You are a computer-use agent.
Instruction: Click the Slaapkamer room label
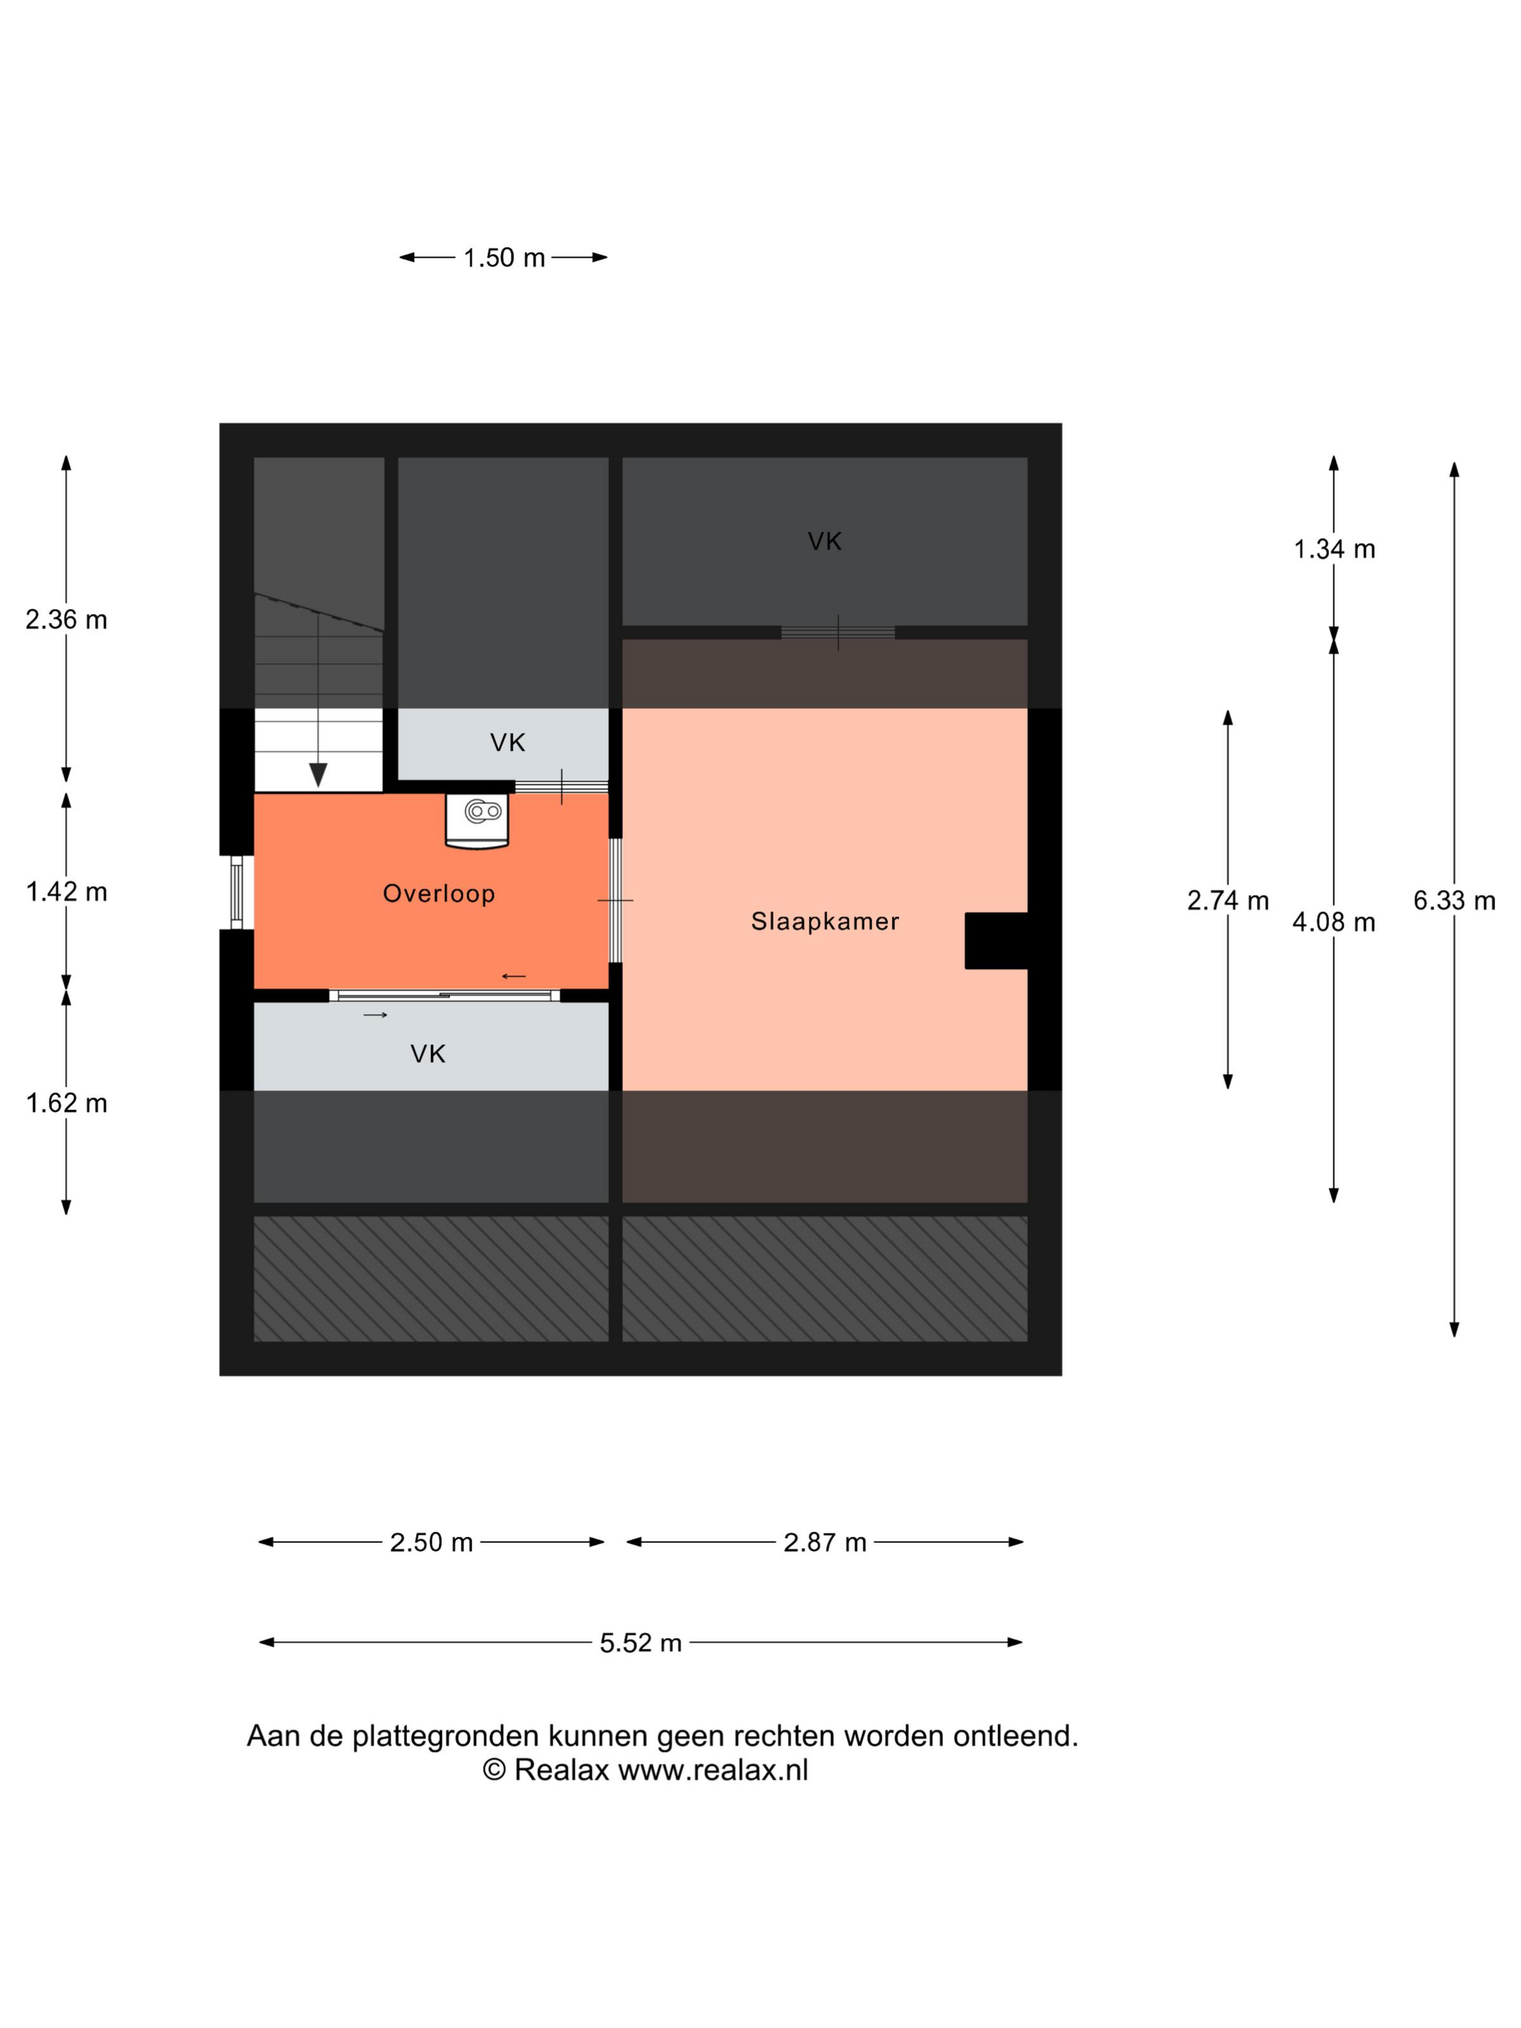824,921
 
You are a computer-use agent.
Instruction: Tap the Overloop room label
438,893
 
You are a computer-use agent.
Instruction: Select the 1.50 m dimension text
503,258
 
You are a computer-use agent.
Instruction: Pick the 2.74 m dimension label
1228,900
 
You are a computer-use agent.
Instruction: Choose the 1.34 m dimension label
1334,549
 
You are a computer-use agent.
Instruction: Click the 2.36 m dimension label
66,620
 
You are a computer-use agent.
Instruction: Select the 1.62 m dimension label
66,1103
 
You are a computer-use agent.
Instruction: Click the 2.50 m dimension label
431,1542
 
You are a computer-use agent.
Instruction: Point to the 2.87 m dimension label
824,1542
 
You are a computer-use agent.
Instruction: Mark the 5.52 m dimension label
641,1643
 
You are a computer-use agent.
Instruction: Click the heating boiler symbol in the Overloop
477,821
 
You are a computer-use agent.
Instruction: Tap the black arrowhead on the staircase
318,775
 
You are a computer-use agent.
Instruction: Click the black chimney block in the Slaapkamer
996,941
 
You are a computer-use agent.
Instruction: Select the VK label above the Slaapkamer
824,541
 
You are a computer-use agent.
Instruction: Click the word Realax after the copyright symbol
561,1769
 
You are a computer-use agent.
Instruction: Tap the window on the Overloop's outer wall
237,892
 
